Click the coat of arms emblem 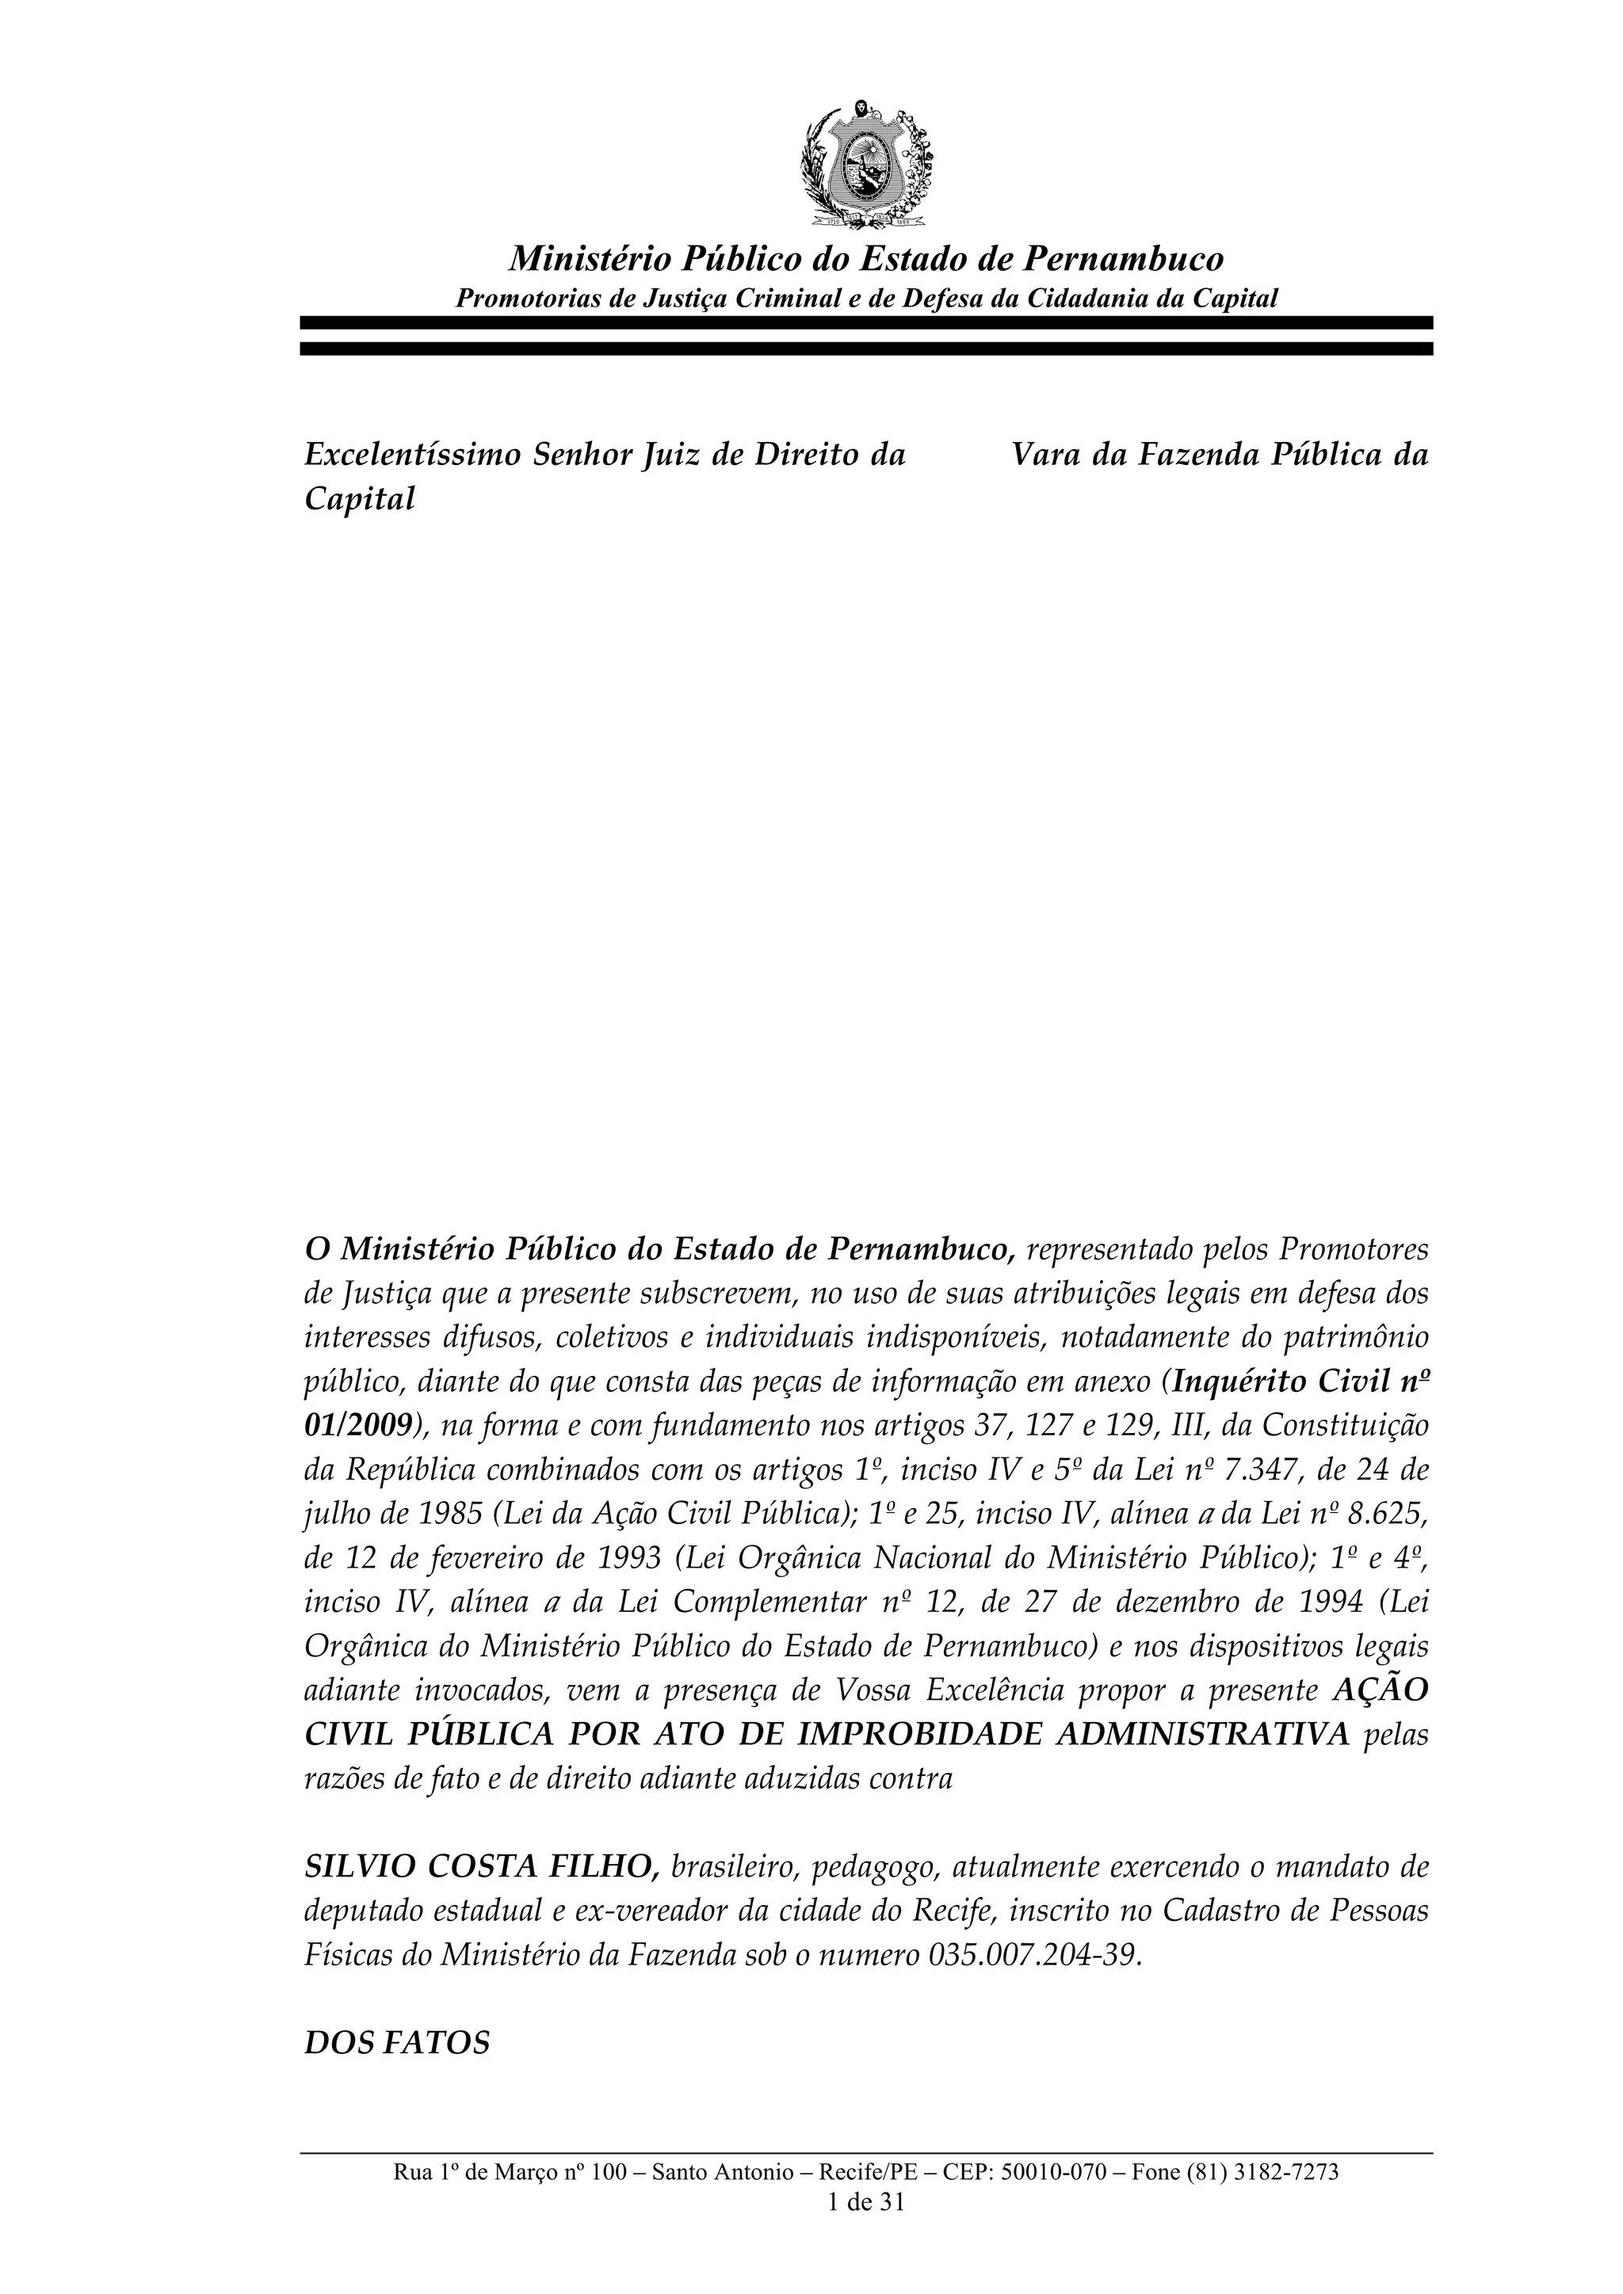[865, 164]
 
